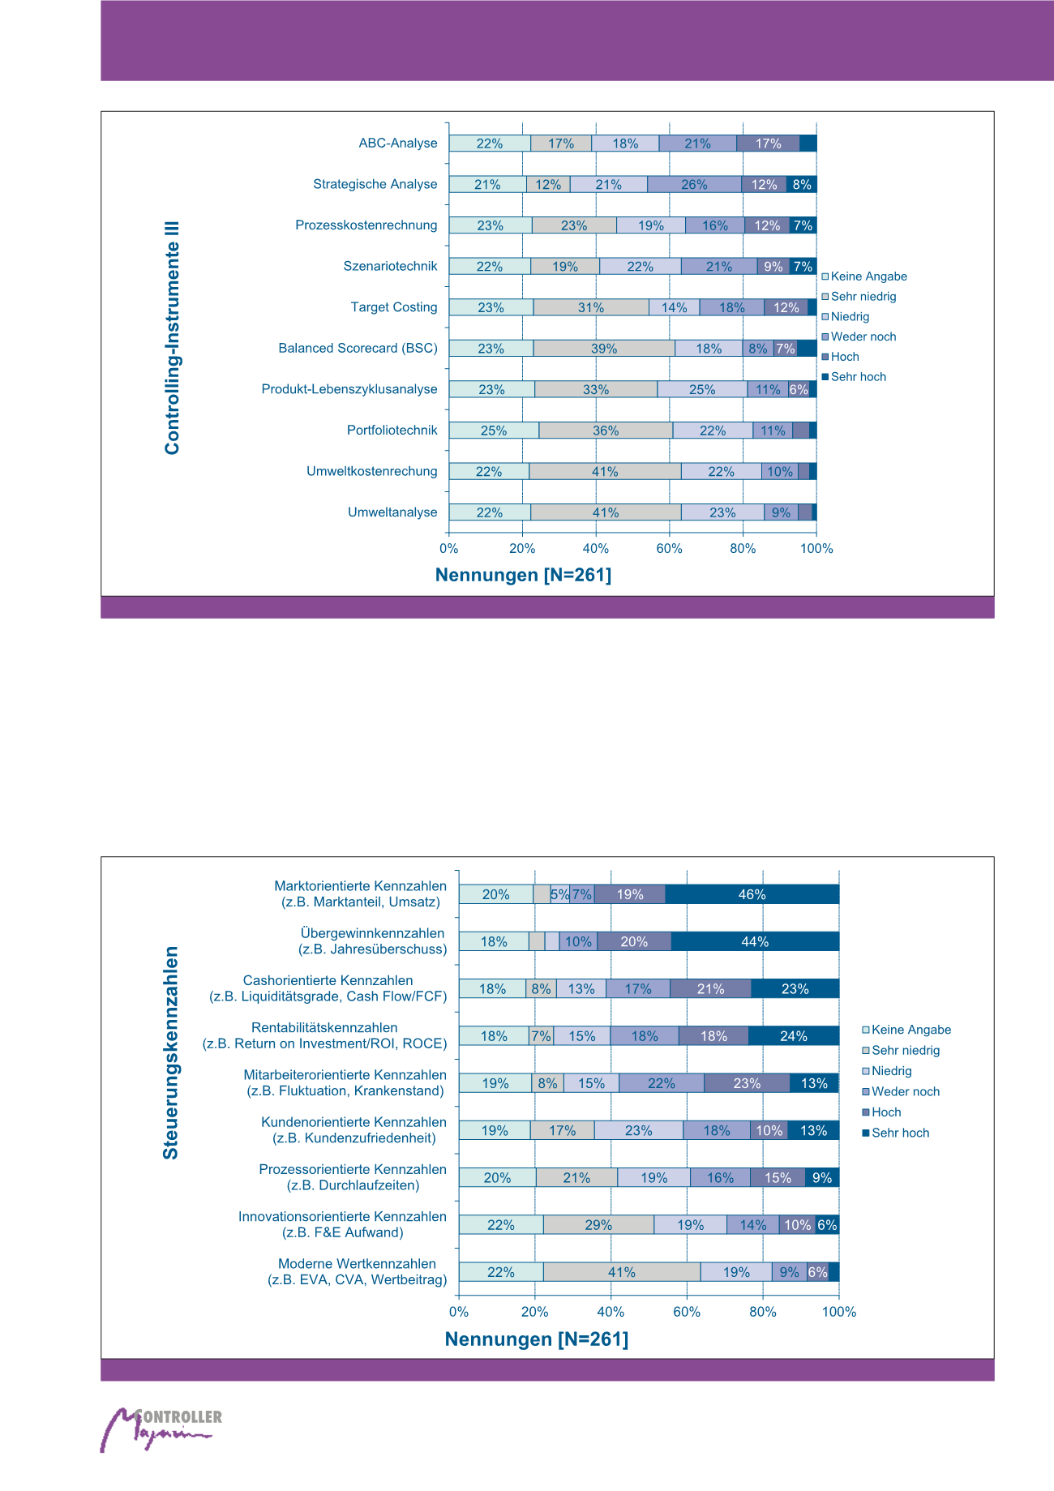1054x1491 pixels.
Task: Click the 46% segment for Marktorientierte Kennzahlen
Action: [752, 894]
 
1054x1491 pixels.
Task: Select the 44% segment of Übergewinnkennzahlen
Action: [755, 941]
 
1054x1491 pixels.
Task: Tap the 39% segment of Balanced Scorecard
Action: [604, 349]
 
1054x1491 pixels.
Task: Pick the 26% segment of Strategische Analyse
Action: [694, 185]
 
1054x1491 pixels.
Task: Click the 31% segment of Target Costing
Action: [591, 307]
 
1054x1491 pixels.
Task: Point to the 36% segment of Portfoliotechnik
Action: [606, 431]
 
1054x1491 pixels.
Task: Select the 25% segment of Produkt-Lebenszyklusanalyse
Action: [702, 389]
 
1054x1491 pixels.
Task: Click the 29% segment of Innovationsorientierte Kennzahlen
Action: [598, 1225]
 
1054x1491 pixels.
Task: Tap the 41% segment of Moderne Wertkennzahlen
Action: [622, 1272]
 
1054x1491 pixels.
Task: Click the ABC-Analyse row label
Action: [398, 144]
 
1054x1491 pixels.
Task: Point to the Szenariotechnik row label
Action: [390, 266]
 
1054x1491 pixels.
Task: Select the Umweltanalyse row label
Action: [392, 512]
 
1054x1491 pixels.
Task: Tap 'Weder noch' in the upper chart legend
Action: [863, 336]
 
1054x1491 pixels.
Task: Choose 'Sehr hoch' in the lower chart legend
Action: [900, 1133]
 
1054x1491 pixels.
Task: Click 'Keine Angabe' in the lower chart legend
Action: [910, 1030]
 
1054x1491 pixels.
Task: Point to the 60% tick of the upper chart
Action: [669, 549]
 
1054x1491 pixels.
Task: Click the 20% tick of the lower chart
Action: [534, 1312]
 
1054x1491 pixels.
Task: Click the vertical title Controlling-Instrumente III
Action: [172, 337]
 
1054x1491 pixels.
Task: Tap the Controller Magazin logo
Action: [160, 1430]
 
